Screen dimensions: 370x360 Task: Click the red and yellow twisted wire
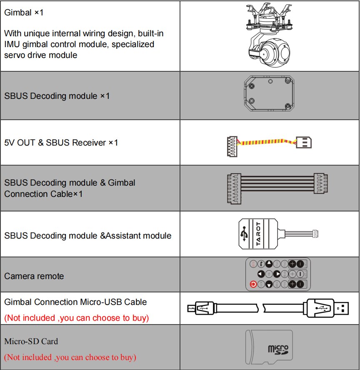click(267, 143)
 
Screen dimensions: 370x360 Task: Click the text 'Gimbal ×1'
click(24, 13)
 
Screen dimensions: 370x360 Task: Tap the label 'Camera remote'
click(34, 276)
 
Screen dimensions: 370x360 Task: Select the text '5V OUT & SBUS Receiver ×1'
click(61, 143)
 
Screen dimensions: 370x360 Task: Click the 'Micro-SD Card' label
click(31, 341)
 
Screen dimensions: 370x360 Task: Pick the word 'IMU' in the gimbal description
click(12, 44)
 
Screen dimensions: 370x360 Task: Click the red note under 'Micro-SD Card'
click(70, 357)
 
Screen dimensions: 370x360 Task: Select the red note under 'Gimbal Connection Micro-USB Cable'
click(76, 318)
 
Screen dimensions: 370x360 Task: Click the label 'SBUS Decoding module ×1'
click(57, 96)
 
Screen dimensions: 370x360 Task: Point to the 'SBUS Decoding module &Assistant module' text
click(87, 236)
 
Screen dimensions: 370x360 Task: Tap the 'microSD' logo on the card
click(277, 349)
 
